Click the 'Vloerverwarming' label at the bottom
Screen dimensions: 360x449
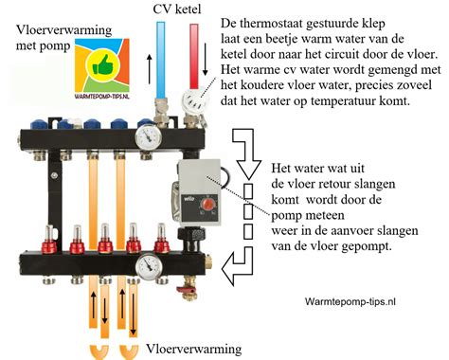click(x=195, y=348)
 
